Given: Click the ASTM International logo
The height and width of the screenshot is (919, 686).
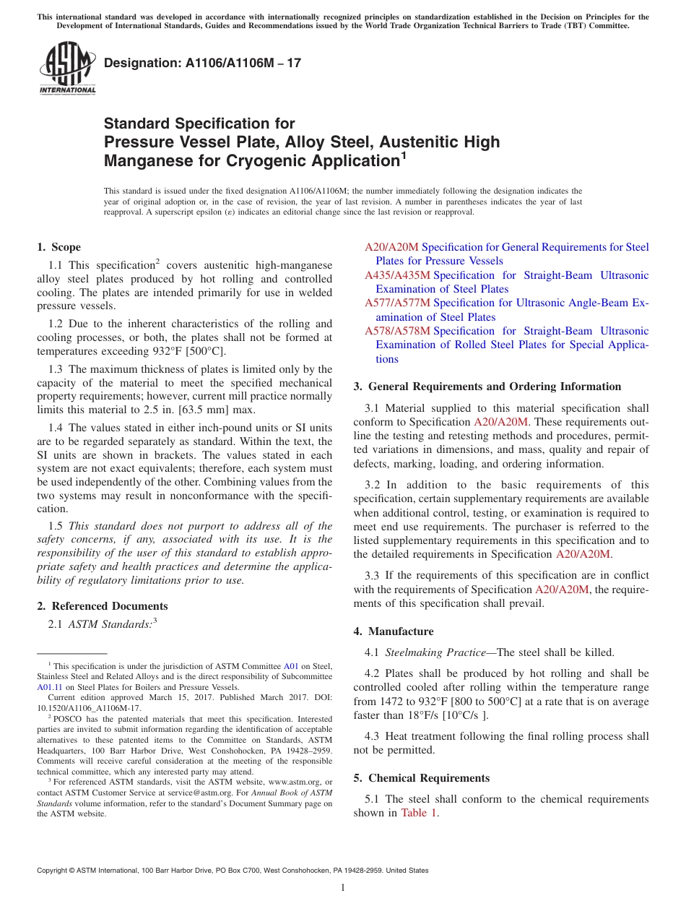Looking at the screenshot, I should pyautogui.click(x=67, y=69).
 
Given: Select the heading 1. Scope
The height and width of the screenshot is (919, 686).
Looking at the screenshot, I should pyautogui.click(x=59, y=247).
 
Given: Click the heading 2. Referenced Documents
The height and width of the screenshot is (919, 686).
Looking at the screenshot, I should pyautogui.click(x=103, y=606).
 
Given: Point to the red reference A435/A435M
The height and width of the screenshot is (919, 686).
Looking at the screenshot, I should pyautogui.click(x=397, y=275).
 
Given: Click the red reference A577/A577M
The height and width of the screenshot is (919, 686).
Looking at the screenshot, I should pyautogui.click(x=397, y=303).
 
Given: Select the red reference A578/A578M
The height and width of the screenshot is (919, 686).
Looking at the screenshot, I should pyautogui.click(x=397, y=331).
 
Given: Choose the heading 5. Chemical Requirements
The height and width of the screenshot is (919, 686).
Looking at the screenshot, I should pyautogui.click(x=422, y=778).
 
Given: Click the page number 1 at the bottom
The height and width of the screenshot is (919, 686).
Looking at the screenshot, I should pyautogui.click(x=343, y=888).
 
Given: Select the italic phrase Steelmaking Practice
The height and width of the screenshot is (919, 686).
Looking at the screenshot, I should pyautogui.click(x=435, y=652).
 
